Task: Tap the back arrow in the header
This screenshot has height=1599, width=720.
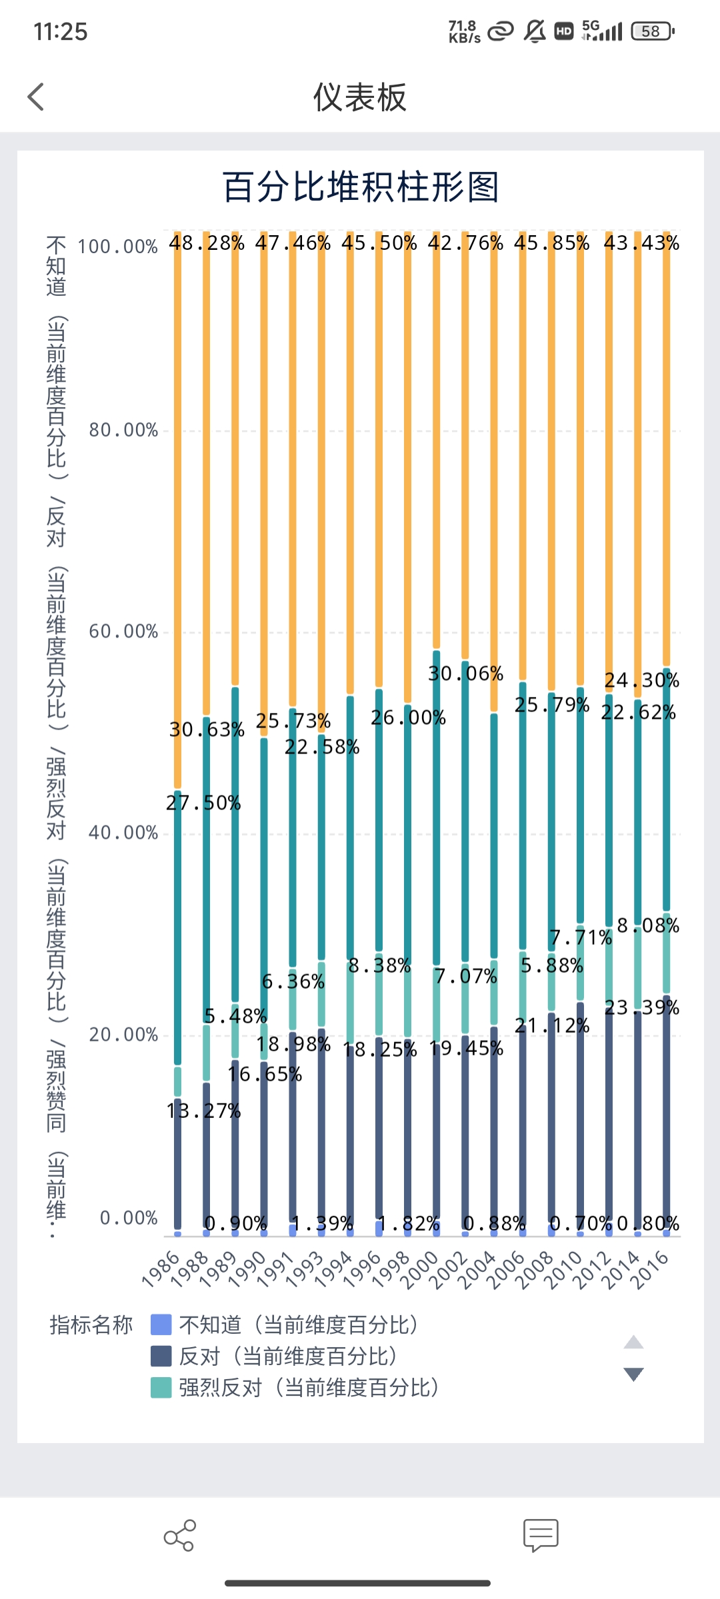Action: point(36,97)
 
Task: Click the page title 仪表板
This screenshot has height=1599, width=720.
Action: point(359,97)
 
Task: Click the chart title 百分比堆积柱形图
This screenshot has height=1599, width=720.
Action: point(360,187)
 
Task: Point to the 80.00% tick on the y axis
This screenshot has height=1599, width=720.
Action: point(124,430)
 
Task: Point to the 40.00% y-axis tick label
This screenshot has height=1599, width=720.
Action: point(124,833)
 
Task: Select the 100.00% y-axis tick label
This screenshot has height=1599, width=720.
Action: point(118,247)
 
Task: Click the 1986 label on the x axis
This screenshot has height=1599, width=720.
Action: point(162,1268)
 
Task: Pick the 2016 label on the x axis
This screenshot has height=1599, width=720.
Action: point(650,1269)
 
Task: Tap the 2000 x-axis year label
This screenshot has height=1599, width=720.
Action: point(420,1269)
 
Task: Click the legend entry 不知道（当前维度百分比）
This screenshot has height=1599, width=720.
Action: point(299,1325)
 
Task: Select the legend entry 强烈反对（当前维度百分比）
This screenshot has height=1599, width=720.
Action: point(309,1388)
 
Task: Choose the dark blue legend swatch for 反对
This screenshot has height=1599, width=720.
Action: point(161,1356)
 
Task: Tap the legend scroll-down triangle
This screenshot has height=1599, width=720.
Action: point(633,1374)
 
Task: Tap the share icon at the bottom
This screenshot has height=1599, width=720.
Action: point(180,1536)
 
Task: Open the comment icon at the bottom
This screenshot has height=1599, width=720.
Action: point(541,1536)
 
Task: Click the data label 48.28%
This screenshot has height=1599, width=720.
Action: point(207,243)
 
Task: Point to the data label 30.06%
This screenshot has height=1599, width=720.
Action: point(466,674)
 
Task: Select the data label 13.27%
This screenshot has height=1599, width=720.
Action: point(204,1111)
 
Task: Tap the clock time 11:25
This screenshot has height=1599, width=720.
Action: point(61,32)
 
